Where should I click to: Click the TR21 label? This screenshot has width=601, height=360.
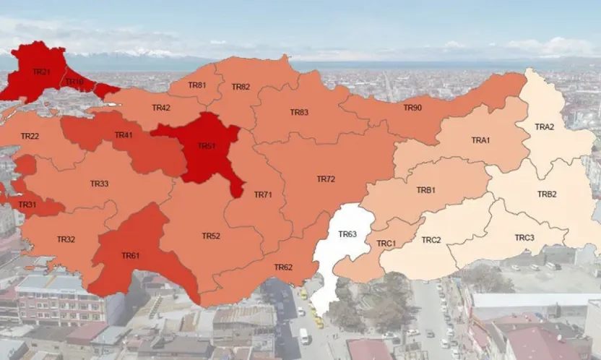pos(41,72)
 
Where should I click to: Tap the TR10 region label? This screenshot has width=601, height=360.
pos(74,82)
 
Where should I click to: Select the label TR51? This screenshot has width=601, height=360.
pos(207,145)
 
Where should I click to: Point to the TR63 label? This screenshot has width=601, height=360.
pos(347,233)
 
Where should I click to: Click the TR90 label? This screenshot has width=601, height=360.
pos(412,108)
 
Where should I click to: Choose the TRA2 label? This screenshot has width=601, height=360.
pos(544,127)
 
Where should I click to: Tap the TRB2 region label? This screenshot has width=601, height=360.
pos(547,194)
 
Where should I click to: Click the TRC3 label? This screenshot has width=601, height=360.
pos(524,237)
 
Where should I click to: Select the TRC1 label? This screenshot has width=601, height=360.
pos(386,244)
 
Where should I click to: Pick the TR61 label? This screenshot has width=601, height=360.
pos(130,255)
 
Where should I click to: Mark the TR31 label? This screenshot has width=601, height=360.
pos(27,205)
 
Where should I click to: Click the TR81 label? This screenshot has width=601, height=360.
pos(196,85)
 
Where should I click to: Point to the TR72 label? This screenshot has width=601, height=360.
pos(326,179)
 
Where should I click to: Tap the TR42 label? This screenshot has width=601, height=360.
pos(161,108)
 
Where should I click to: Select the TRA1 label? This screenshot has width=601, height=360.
pos(480,140)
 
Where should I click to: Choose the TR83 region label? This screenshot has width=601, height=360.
pos(299,112)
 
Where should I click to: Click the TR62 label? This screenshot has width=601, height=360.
pos(283,267)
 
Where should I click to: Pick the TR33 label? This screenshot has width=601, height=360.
pos(99,184)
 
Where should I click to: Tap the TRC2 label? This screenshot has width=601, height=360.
pos(431,239)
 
